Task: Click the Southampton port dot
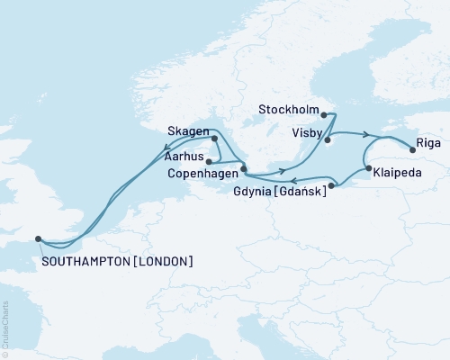(38, 238)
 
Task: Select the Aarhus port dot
(209, 162)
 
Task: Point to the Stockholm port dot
(324, 114)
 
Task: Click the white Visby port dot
(328, 139)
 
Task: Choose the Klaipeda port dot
(367, 168)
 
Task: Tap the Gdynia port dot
(332, 186)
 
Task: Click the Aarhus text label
(184, 156)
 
